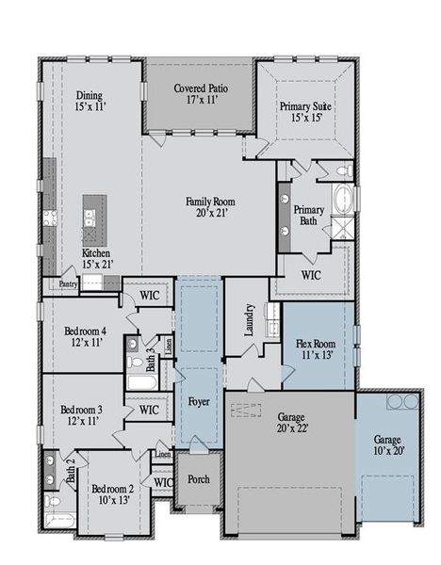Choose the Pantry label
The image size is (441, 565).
(x=68, y=282)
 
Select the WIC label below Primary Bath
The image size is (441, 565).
(x=312, y=276)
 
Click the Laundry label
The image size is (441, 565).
(x=250, y=319)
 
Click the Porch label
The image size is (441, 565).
(x=199, y=479)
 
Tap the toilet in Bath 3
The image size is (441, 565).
(x=133, y=362)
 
